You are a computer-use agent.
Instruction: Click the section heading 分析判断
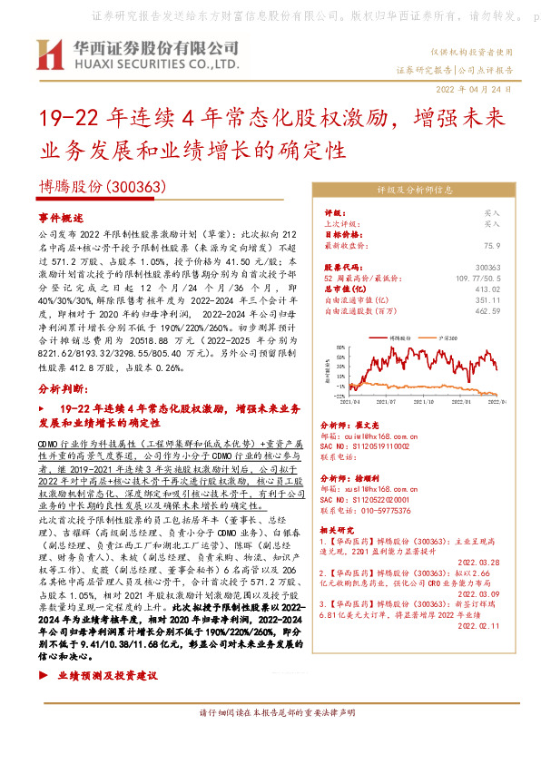(63, 387)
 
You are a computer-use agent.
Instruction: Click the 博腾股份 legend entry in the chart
(399, 336)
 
